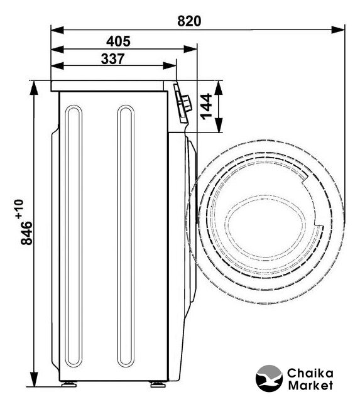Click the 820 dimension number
[189, 21]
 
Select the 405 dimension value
[118, 41]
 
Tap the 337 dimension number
[113, 58]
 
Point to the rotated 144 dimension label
[207, 106]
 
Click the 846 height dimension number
[26, 233]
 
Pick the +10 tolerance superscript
[19, 209]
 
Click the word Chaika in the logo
[310, 373]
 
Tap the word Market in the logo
[310, 385]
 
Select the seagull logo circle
[269, 378]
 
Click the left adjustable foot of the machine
[69, 384]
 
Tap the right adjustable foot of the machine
[158, 384]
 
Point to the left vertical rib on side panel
[74, 236]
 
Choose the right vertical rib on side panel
[126, 236]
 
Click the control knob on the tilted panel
[187, 103]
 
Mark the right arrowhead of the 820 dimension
[338, 30]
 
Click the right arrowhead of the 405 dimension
[190, 49]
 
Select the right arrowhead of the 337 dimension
[170, 65]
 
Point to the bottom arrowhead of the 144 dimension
[218, 126]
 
